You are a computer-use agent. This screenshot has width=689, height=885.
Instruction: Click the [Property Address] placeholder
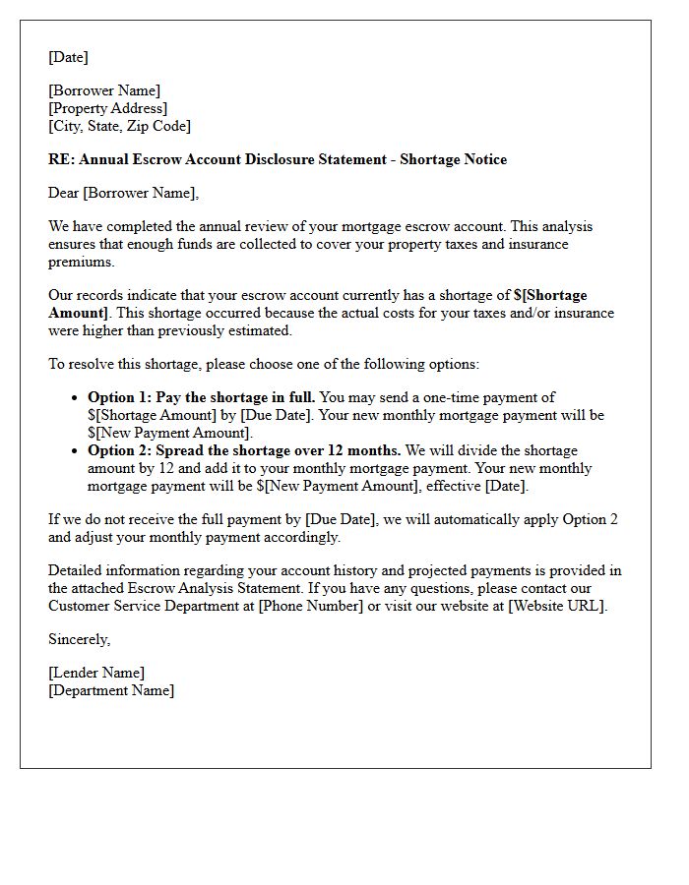point(108,108)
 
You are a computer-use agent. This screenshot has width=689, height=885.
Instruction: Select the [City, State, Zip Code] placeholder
point(120,126)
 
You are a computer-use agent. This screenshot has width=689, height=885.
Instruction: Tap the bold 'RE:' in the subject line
point(61,159)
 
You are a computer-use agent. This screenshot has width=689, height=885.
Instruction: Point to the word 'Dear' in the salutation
point(64,193)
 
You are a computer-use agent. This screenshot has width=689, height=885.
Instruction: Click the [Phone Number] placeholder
point(311,606)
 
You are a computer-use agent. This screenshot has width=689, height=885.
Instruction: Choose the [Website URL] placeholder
point(557,606)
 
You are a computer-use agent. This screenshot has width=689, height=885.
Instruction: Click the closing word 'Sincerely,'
point(80,639)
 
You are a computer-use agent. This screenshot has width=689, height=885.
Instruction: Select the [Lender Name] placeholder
point(96,673)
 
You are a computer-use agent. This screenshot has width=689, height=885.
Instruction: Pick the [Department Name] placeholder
point(111,690)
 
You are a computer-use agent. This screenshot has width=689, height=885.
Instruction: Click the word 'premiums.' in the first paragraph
point(82,262)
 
